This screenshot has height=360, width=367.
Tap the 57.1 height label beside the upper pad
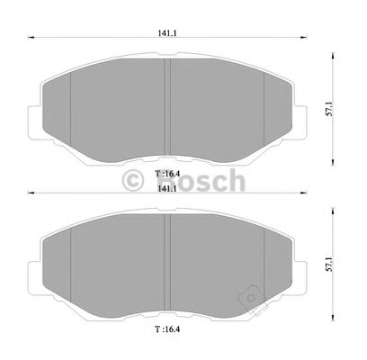click(336, 109)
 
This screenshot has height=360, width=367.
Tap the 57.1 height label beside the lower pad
click(336, 263)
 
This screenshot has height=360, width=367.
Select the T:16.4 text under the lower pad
click(167, 329)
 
